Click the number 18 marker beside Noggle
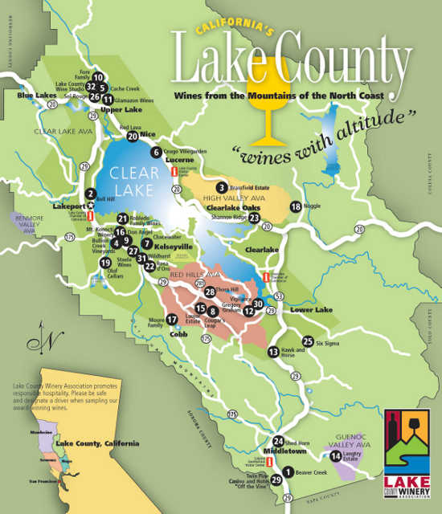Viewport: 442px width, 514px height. [x=296, y=207]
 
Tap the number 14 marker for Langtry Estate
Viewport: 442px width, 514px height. [x=335, y=456]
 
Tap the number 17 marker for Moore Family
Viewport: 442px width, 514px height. [x=171, y=320]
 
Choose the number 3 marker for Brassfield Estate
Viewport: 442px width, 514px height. [x=220, y=188]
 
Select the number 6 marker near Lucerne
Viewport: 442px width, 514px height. [x=155, y=151]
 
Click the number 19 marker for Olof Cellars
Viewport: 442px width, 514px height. [x=104, y=263]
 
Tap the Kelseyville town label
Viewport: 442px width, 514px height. [x=174, y=247]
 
